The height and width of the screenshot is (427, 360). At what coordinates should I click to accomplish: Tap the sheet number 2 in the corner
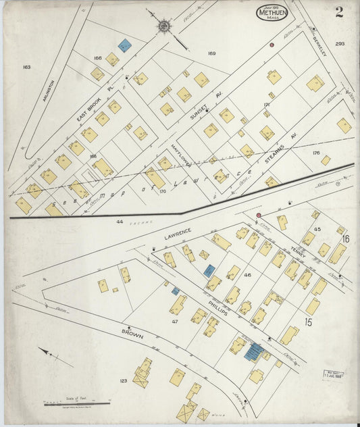[338, 11]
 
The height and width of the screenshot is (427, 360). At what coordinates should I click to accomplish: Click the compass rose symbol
[164, 26]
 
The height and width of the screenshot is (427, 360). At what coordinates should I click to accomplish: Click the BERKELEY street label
[319, 45]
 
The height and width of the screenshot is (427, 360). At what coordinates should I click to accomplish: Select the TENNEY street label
[298, 251]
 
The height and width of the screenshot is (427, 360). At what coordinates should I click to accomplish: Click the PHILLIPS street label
[217, 304]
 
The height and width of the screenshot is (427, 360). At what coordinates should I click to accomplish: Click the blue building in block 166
[124, 45]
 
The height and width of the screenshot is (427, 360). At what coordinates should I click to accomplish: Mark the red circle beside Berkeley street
[272, 45]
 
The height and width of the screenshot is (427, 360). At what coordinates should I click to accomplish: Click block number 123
[123, 381]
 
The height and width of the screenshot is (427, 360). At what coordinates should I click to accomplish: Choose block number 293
[340, 44]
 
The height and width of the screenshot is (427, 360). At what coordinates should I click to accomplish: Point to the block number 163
[26, 67]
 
